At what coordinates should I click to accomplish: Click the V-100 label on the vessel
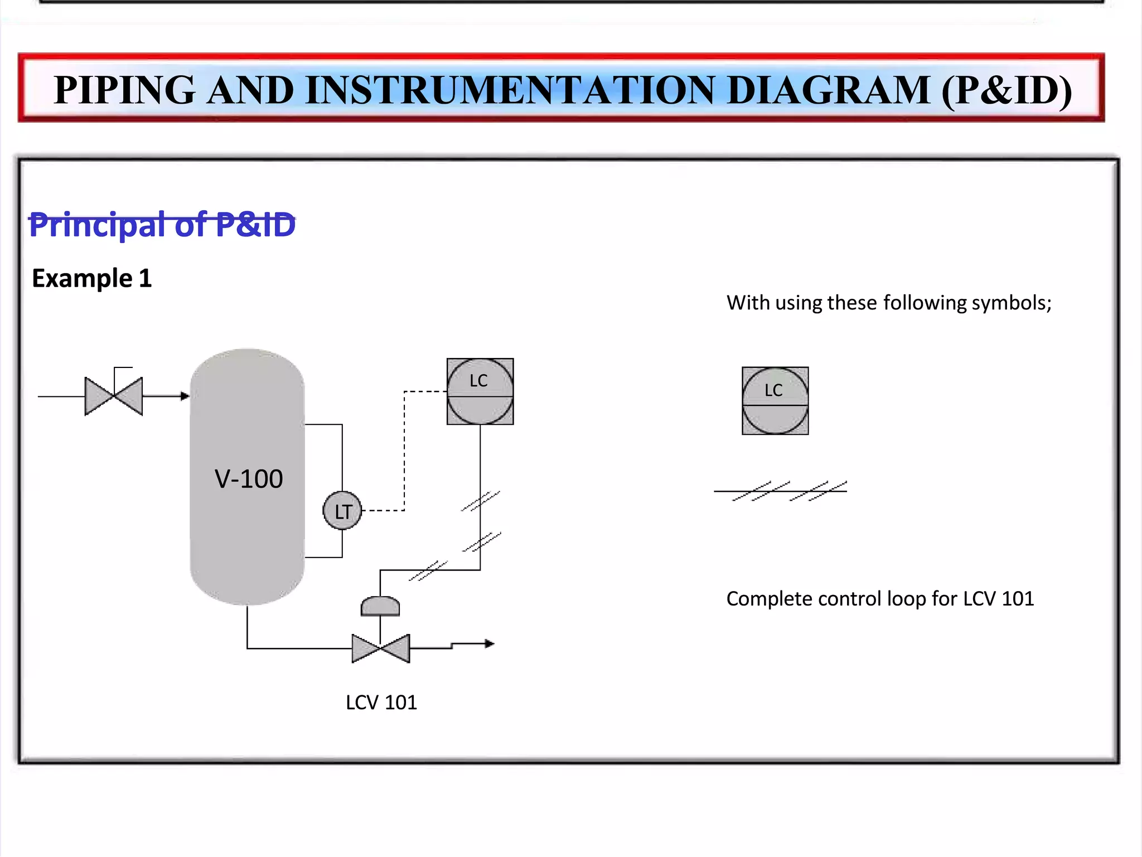click(x=249, y=479)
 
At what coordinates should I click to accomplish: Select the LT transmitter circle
click(x=342, y=511)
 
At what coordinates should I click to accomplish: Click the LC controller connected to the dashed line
click(x=480, y=391)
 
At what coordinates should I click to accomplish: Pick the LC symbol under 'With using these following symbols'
click(x=775, y=400)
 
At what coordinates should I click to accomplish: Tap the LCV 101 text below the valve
click(x=381, y=703)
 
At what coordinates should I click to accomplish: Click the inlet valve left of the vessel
click(x=114, y=396)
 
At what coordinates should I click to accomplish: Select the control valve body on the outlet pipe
click(x=381, y=648)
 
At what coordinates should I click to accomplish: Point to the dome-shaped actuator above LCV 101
click(x=380, y=607)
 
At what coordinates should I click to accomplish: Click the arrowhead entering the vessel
click(x=185, y=396)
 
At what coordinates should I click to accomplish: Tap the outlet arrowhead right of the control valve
click(x=489, y=644)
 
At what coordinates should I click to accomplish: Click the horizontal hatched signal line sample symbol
click(x=781, y=491)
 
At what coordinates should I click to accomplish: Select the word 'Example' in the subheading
click(x=82, y=278)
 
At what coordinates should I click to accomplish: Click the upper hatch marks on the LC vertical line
click(x=481, y=501)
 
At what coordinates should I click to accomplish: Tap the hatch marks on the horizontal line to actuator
click(x=428, y=570)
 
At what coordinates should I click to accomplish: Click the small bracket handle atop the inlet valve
click(x=122, y=369)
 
